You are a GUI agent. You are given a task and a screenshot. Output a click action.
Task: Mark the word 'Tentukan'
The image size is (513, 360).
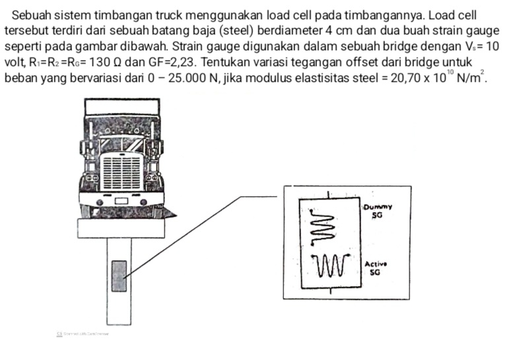click(x=228, y=63)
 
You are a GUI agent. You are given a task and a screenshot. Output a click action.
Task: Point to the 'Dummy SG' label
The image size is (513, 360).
click(x=377, y=211)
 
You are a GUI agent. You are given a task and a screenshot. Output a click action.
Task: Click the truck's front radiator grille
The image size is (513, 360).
click(x=121, y=171)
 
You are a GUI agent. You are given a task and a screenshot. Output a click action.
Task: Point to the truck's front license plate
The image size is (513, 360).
click(x=121, y=201)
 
